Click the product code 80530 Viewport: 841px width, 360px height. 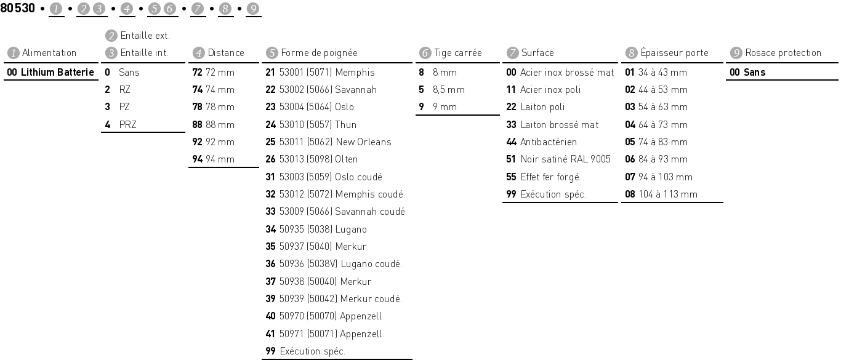[18, 8]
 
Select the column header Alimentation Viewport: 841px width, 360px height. [49, 53]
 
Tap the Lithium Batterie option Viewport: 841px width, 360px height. [50, 73]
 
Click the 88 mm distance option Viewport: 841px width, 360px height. [214, 125]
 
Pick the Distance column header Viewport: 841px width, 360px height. [225, 53]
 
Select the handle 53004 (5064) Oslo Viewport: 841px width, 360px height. [316, 107]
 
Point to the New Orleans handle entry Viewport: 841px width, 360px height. [335, 142]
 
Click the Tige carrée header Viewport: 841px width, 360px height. [457, 53]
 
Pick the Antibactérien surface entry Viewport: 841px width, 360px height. [549, 142]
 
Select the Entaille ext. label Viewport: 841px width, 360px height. [145, 36]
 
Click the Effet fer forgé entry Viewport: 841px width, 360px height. [549, 177]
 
